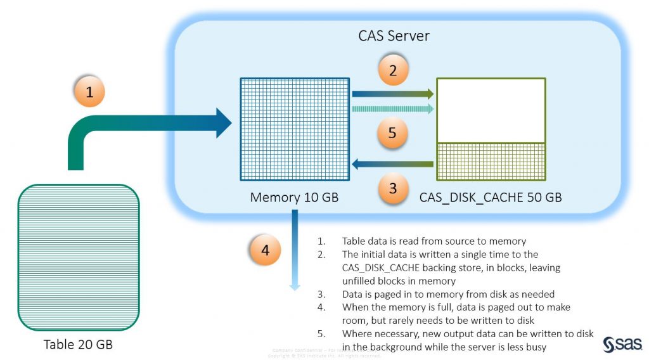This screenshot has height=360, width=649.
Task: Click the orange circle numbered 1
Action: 89,91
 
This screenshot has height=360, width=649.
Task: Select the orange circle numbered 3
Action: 393,188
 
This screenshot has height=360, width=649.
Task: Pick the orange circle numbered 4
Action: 265,250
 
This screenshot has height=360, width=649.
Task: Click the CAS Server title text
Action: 394,35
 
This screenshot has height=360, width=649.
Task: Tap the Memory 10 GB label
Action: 294,197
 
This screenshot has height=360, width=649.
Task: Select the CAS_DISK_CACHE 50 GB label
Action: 490,197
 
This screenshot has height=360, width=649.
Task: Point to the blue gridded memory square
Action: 295,129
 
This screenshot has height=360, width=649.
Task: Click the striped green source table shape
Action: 79,257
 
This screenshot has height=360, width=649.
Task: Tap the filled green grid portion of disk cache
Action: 491,162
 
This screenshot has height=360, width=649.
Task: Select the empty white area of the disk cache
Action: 491,110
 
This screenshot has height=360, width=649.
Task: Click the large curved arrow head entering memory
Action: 223,123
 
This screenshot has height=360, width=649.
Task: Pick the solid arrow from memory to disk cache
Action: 392,94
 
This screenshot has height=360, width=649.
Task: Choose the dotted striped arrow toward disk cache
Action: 392,109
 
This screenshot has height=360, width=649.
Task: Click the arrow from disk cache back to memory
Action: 392,165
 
